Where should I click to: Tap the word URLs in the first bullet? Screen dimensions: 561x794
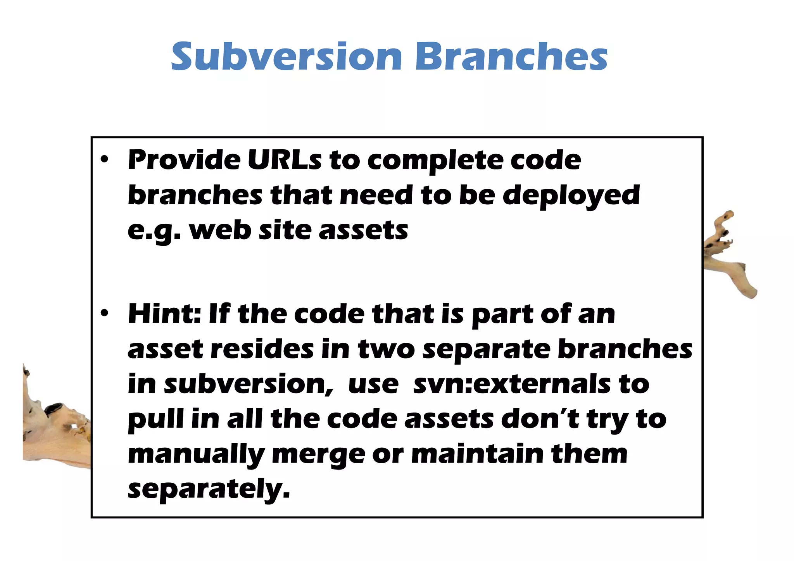coord(284,160)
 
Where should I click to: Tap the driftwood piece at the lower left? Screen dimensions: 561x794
coord(54,426)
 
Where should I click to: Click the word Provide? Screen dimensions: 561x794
coord(184,160)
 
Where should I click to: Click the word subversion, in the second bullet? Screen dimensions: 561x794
coord(249,385)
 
